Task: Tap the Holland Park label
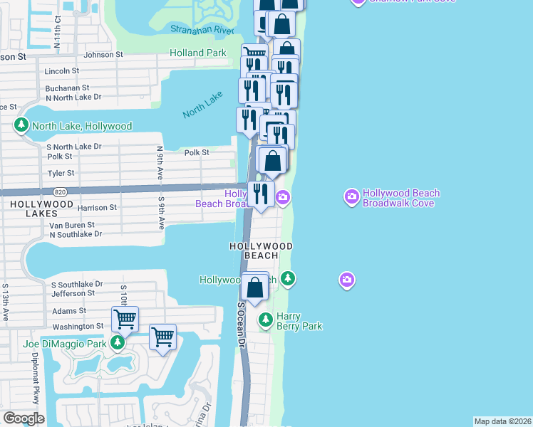[198, 53]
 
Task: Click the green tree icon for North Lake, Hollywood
[21, 126]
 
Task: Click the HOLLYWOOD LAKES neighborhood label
[41, 209]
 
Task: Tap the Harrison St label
[96, 208]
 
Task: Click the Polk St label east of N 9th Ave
[196, 152]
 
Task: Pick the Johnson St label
[103, 54]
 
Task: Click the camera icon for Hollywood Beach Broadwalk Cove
[351, 195]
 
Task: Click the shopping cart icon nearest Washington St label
[125, 318]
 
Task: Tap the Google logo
[24, 418]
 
